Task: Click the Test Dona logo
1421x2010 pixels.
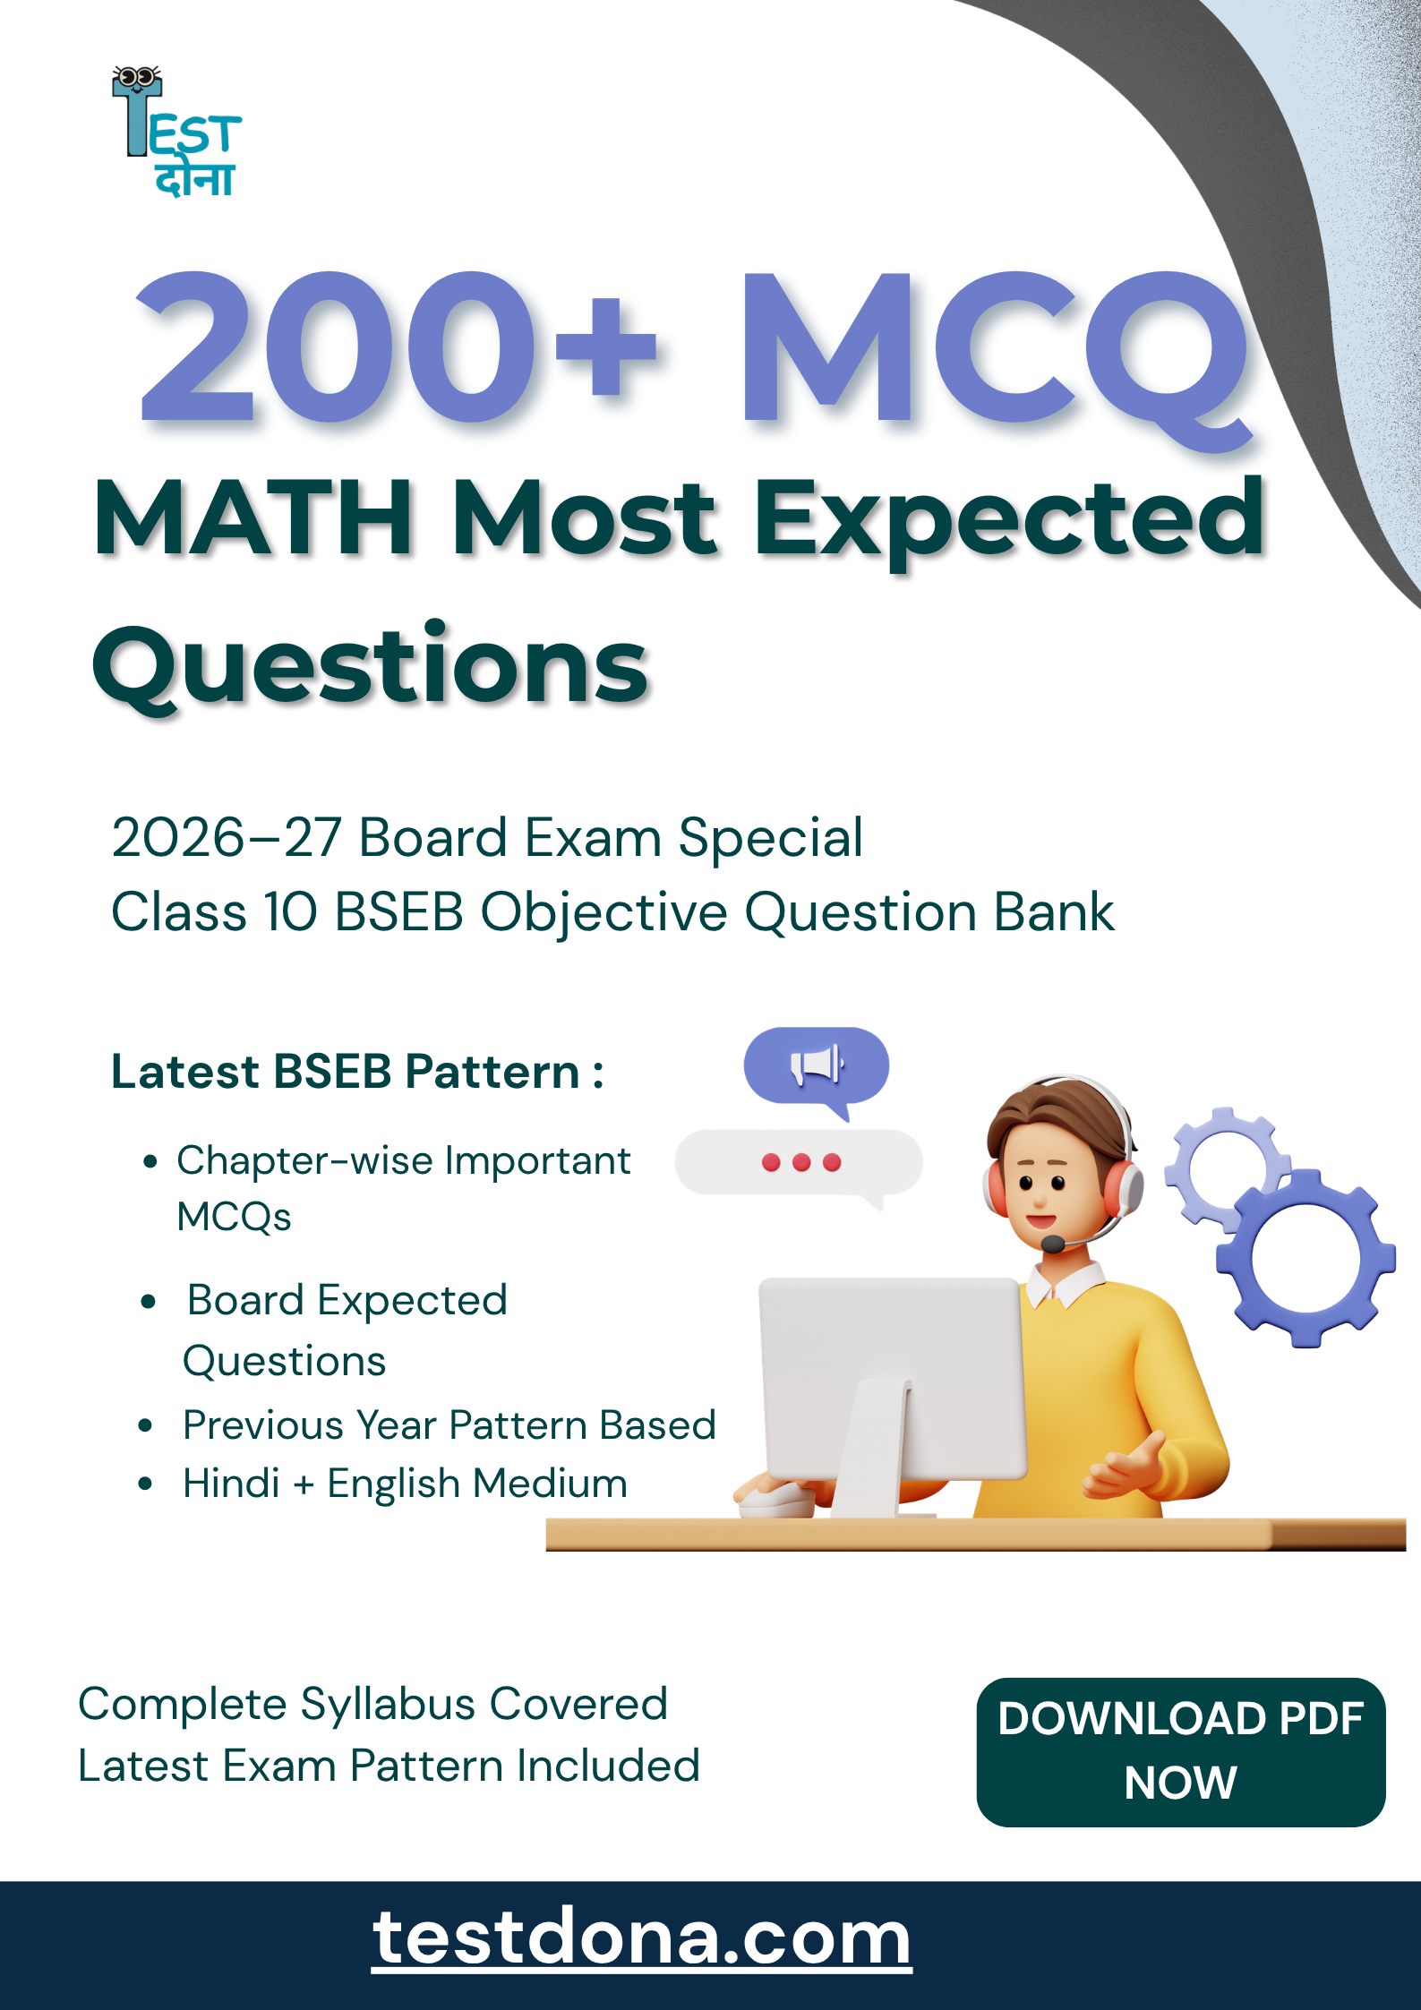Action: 176,132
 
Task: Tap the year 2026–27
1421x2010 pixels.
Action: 227,838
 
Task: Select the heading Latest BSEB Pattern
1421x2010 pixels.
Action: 357,1072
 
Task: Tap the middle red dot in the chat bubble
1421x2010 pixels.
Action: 801,1162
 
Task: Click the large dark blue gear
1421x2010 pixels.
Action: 1305,1258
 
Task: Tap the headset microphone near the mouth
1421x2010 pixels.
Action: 1053,1244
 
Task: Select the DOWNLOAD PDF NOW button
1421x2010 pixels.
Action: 1181,1752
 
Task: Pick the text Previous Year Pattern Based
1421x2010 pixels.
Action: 449,1424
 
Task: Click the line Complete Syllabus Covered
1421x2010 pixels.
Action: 373,1704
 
